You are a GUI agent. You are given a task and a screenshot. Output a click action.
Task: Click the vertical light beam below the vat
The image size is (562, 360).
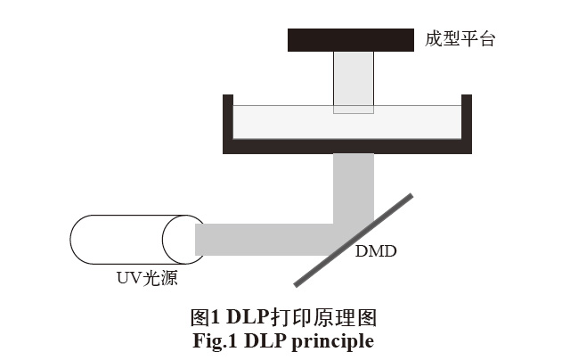tap(354, 183)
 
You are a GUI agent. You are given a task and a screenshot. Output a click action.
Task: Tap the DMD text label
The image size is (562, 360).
tap(375, 252)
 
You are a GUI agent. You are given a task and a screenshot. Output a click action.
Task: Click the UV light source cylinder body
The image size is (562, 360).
tap(125, 238)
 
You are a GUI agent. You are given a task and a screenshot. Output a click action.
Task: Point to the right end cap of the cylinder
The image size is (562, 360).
tap(183, 239)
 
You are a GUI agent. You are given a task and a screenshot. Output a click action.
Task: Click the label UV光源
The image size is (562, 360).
tap(147, 279)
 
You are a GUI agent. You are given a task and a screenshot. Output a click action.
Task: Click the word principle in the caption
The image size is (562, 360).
tap(337, 340)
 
